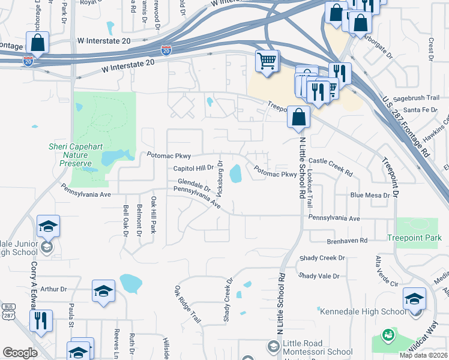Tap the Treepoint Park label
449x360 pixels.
tap(414, 238)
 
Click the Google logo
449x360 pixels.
tap(20, 353)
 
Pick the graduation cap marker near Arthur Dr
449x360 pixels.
tap(103, 292)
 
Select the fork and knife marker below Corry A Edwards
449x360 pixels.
tap(41, 320)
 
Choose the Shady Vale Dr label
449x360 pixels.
tap(319, 276)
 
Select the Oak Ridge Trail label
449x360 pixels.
tap(187, 305)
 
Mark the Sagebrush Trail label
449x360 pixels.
tap(421, 98)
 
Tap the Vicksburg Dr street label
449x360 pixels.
tap(220, 178)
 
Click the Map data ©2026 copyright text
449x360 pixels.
tap(424, 355)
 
